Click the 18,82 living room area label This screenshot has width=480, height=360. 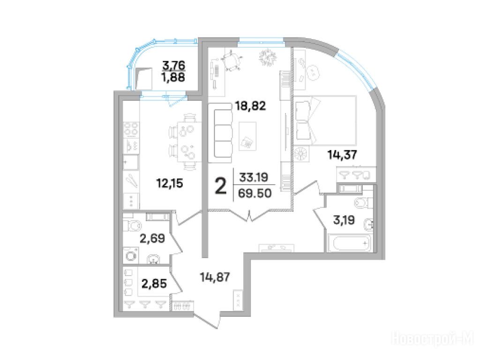pyautogui.click(x=250, y=106)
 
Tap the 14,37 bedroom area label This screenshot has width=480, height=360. pyautogui.click(x=342, y=155)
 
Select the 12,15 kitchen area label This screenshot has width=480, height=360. pyautogui.click(x=170, y=183)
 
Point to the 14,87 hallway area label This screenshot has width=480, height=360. pyautogui.click(x=215, y=277)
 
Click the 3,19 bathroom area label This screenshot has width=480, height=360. pyautogui.click(x=344, y=219)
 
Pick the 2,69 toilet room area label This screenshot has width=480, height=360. pyautogui.click(x=152, y=238)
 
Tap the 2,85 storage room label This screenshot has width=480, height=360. pyautogui.click(x=154, y=284)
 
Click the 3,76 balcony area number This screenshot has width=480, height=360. pyautogui.click(x=173, y=65)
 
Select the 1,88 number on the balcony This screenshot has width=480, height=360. pyautogui.click(x=173, y=77)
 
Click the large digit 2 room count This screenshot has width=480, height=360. pyautogui.click(x=221, y=187)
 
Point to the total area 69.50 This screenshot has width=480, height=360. pyautogui.click(x=255, y=193)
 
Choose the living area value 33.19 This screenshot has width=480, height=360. pyautogui.click(x=254, y=177)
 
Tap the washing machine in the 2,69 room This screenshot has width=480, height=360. pyautogui.click(x=131, y=255)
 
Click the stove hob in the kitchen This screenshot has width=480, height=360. pyautogui.click(x=131, y=129)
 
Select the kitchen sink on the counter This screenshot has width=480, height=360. pyautogui.click(x=131, y=162)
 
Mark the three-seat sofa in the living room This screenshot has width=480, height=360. pyautogui.click(x=220, y=133)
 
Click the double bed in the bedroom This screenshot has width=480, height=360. pyautogui.click(x=325, y=120)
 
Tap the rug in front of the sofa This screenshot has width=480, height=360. pyautogui.click(x=247, y=136)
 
